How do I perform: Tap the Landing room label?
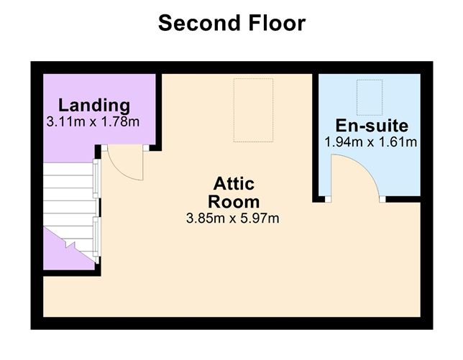pos(94,105)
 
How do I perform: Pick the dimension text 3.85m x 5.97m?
pos(232,217)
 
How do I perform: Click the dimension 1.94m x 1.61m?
pos(371,142)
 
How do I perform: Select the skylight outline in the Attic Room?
pos(253,111)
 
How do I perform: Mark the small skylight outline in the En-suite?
pos(370,97)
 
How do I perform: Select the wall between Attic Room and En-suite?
pos(315,137)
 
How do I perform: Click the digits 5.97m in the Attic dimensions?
pos(260,217)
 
